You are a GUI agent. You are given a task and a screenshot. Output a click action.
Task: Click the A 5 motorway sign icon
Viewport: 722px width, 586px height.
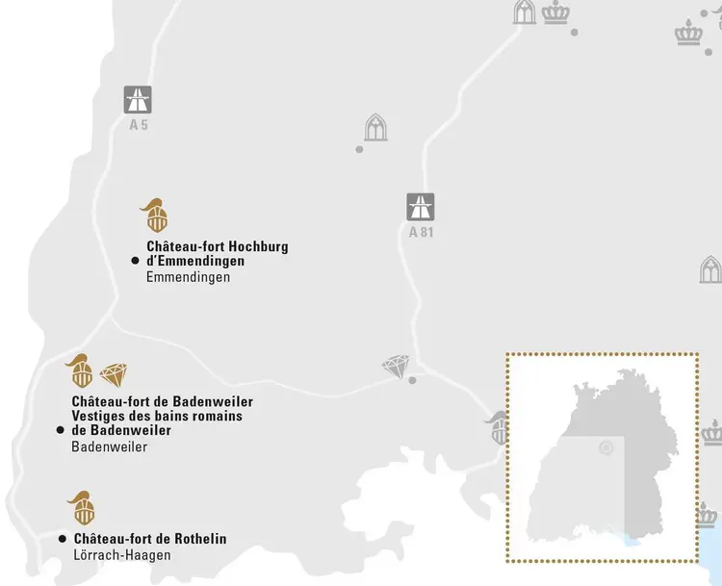(138, 100)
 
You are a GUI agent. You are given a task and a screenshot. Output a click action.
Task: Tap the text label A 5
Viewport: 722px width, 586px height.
(138, 124)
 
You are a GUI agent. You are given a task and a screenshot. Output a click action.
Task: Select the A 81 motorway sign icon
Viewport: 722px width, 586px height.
(420, 207)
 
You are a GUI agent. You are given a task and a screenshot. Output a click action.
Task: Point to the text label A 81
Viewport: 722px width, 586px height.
(421, 232)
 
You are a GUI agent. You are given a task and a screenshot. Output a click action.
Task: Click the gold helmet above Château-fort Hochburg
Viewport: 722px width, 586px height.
(153, 216)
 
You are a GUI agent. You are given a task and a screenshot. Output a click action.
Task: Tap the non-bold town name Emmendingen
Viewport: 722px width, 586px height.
(188, 277)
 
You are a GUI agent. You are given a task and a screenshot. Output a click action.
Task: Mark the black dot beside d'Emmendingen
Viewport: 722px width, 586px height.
(135, 261)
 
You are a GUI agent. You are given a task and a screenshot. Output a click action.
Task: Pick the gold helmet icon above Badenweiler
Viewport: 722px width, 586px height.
(80, 370)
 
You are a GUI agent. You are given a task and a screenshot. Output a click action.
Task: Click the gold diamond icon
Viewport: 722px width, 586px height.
(114, 374)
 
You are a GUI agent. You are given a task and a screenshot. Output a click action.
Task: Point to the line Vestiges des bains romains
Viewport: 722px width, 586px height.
(156, 416)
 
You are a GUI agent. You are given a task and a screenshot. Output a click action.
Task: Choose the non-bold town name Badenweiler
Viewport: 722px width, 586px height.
(109, 446)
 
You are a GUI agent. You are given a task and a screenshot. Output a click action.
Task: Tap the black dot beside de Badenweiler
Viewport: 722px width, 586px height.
(60, 430)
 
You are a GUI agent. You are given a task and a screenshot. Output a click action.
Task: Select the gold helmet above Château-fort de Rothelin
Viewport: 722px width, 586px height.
(81, 507)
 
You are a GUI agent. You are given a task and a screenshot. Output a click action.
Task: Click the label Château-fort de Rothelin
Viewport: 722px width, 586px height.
(149, 539)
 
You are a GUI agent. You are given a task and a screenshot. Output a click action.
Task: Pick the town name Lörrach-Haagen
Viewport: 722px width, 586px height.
(121, 555)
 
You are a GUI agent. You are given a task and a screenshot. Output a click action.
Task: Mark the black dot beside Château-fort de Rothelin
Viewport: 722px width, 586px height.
(63, 539)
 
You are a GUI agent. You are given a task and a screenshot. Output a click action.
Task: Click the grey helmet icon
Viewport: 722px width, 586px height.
(498, 427)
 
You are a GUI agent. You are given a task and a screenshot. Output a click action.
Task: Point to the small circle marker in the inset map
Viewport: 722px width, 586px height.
(606, 447)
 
